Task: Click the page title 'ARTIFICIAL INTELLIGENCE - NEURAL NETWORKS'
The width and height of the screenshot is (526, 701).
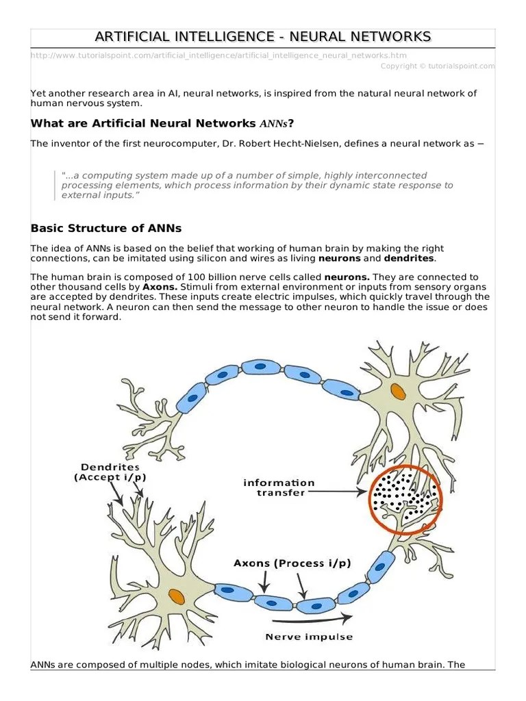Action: pos(263,36)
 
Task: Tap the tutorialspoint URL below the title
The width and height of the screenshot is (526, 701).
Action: pos(223,55)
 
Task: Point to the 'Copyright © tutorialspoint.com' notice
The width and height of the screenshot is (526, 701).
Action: pos(438,66)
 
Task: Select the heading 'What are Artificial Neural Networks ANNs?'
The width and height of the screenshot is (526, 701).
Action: pos(162,123)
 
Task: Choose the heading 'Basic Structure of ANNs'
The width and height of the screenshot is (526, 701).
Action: pos(106,228)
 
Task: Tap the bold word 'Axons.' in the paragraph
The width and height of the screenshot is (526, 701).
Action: pos(160,287)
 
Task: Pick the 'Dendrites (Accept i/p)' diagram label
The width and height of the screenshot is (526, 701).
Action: pos(110,472)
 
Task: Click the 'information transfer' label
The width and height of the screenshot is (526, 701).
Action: pos(279,487)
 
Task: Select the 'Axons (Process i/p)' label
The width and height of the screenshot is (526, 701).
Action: pos(292,563)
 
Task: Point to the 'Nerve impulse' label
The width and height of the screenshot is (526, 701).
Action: pos(309,637)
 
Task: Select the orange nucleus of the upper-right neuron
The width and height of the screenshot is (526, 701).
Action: pos(397,392)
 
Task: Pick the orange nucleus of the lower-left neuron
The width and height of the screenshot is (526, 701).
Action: pos(177,596)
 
